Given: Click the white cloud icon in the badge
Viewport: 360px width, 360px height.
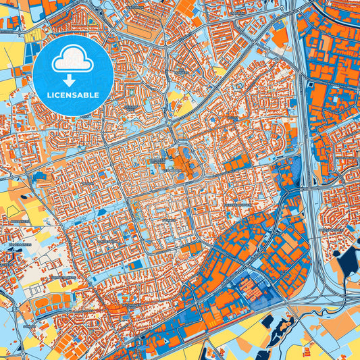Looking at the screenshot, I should pos(71,59).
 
